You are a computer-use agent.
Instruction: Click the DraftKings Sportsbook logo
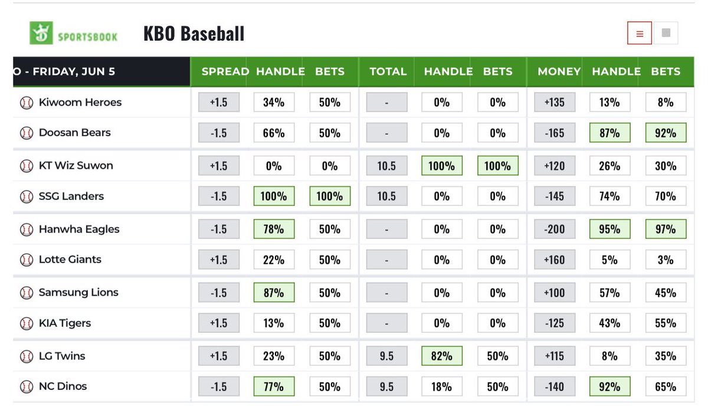click(73, 33)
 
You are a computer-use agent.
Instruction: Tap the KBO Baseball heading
click(194, 34)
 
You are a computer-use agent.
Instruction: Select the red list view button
click(640, 33)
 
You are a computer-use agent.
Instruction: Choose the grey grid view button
click(666, 33)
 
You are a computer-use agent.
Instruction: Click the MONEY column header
click(559, 71)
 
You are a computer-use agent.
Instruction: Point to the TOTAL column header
click(388, 71)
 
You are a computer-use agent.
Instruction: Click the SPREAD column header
click(225, 71)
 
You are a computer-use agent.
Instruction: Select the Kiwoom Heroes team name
click(80, 103)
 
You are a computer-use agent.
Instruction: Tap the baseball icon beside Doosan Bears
click(27, 133)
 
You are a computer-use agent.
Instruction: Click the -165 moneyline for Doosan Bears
click(555, 133)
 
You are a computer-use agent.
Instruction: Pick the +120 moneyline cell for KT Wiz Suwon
click(555, 166)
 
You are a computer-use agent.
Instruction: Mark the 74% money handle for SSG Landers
click(609, 196)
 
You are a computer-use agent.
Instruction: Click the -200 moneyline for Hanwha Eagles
click(555, 229)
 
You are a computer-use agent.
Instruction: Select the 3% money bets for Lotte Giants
click(666, 260)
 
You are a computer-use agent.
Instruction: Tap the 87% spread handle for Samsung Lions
click(274, 292)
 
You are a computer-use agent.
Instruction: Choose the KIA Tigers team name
click(65, 323)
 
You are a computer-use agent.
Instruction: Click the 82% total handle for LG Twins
click(442, 356)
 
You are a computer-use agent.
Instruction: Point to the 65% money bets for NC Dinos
click(666, 386)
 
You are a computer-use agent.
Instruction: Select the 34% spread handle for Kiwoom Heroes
click(274, 102)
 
